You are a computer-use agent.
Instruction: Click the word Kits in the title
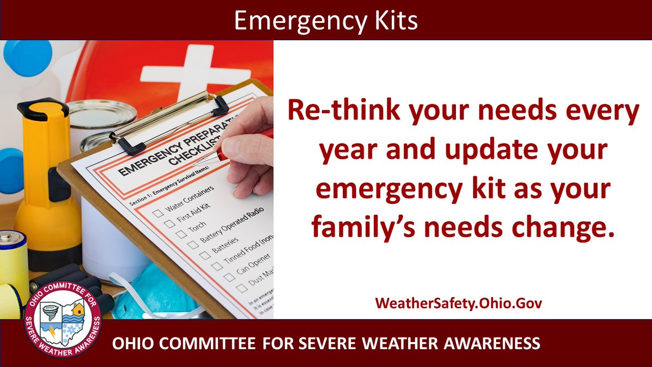pos(393,20)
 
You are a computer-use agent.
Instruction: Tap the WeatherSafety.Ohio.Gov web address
pos(458,303)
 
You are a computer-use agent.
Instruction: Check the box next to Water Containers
pos(158,213)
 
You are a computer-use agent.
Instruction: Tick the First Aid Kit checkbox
pos(170,224)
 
